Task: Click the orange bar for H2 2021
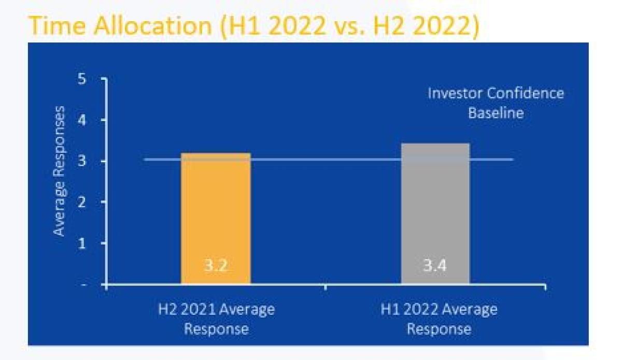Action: click(216, 218)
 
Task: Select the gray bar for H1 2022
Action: click(435, 213)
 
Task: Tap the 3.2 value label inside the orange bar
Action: click(216, 265)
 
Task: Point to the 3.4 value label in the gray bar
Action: click(435, 265)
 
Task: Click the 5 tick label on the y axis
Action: click(82, 79)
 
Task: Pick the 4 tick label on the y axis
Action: click(82, 121)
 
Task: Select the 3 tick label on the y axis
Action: click(82, 161)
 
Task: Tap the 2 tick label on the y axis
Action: click(82, 203)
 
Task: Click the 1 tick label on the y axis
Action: click(82, 243)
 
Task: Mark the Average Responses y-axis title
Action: click(59, 171)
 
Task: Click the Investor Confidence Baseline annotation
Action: click(496, 103)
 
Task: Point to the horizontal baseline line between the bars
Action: click(329, 160)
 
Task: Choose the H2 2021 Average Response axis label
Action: click(216, 319)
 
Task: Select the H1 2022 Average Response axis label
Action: click(439, 319)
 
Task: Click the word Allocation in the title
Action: click(153, 26)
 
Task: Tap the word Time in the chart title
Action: click(56, 26)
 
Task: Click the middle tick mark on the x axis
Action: click(326, 287)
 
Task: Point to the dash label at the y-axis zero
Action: click(83, 285)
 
